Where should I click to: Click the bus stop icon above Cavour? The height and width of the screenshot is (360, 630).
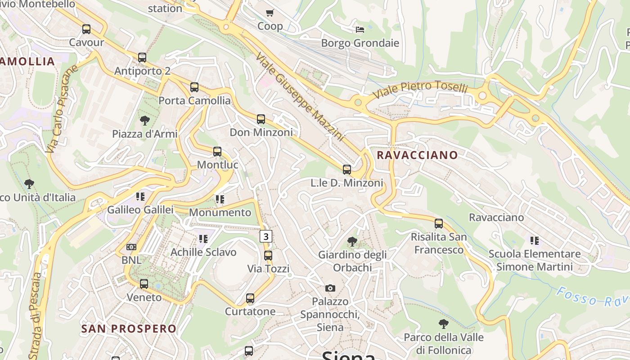86,29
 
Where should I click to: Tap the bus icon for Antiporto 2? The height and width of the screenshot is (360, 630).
142,58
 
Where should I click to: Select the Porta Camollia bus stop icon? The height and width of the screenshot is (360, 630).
194,87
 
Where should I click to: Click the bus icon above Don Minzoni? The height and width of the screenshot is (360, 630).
261,119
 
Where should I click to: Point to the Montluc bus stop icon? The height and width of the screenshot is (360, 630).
217,152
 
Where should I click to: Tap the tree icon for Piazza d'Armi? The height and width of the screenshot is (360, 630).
144,121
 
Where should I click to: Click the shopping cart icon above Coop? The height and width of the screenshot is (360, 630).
270,13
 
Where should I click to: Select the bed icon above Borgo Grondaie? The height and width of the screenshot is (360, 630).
360,30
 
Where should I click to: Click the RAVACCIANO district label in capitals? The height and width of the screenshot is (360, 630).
417,155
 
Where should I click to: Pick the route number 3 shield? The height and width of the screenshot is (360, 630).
266,236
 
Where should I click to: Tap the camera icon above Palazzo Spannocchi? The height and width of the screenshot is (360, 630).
330,288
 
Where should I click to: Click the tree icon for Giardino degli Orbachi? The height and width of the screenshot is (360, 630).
352,242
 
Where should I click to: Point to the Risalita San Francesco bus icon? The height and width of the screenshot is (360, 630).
439,223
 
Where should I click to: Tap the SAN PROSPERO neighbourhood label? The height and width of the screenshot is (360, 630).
129,328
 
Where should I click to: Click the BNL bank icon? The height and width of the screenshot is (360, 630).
131,247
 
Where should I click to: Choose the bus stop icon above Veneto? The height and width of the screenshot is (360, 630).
144,284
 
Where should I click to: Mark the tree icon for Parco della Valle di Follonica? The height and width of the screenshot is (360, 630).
444,324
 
